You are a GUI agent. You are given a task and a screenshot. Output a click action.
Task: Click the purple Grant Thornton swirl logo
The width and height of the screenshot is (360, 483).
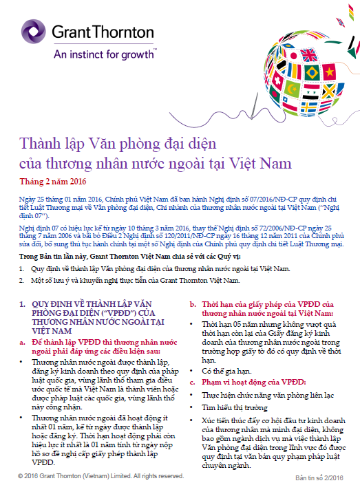click(x=32, y=30)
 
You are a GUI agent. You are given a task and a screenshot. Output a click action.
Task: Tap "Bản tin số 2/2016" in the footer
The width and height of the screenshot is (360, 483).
click(x=319, y=476)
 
